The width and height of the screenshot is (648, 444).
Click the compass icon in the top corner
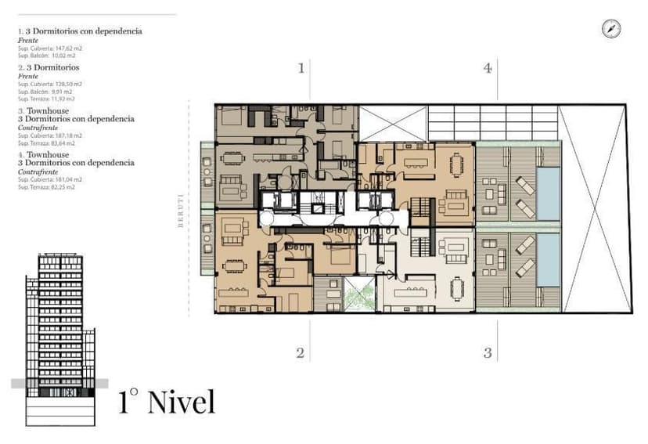tap(611, 29)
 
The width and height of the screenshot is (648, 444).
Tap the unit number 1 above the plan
tap(301, 68)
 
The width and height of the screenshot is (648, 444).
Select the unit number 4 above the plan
tap(488, 68)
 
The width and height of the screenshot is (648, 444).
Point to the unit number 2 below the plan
tap(300, 353)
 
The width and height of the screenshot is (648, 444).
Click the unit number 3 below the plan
tap(488, 353)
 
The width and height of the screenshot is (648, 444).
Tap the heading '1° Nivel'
tap(167, 402)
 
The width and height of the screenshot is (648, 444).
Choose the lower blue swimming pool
tap(548, 259)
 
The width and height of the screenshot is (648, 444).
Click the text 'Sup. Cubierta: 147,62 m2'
tap(50, 49)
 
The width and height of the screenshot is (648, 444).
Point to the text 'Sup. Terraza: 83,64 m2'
tap(46, 143)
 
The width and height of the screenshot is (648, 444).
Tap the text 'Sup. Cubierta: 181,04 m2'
tap(50, 179)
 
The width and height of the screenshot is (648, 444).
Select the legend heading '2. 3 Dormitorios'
tap(48, 68)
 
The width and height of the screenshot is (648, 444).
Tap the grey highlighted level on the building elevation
tap(59, 384)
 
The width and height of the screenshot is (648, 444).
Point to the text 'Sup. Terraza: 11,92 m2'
tap(46, 99)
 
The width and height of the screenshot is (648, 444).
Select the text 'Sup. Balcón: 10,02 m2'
tap(47, 56)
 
